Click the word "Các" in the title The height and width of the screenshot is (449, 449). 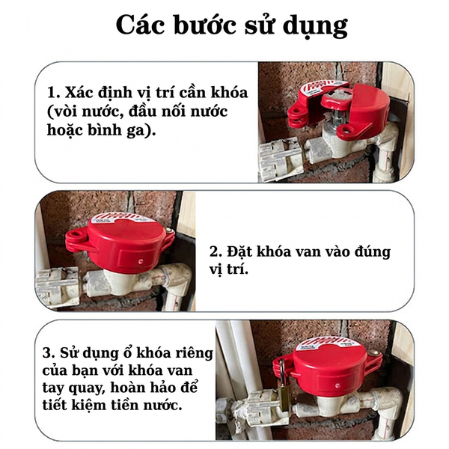pyautogui.click(x=141, y=25)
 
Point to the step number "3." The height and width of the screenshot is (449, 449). pyautogui.click(x=49, y=352)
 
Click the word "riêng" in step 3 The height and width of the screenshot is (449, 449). pyautogui.click(x=195, y=353)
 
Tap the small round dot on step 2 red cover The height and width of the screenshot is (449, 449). pyautogui.click(x=141, y=261)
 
